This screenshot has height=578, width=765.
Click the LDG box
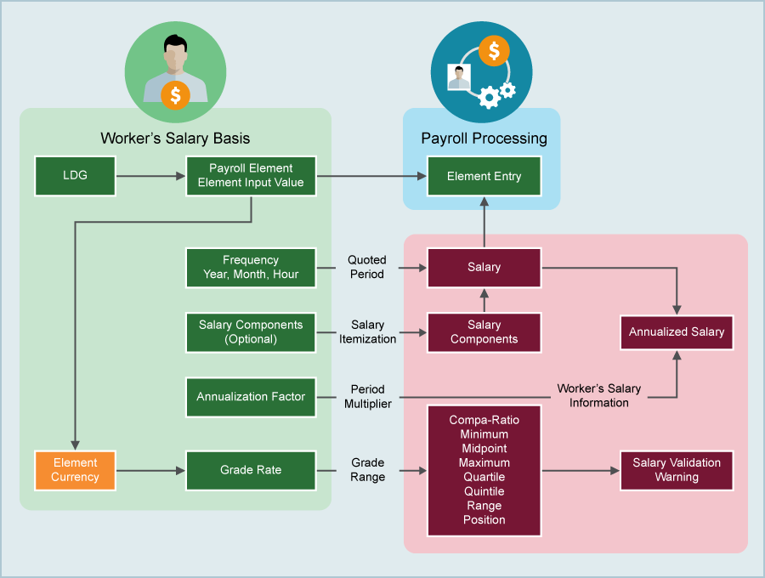[x=75, y=176]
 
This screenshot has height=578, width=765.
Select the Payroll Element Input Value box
[x=251, y=176]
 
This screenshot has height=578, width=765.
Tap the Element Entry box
[x=484, y=176]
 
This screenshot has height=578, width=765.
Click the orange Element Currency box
[x=75, y=470]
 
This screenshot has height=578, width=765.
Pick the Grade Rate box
[x=251, y=470]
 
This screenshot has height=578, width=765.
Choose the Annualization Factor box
[x=251, y=397]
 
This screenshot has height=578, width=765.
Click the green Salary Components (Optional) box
[x=251, y=332]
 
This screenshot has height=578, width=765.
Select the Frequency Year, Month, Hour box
[x=251, y=268]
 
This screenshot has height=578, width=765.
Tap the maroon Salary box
[x=484, y=268]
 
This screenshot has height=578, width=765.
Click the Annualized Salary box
[x=677, y=332]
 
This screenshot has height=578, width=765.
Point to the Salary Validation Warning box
[x=677, y=470]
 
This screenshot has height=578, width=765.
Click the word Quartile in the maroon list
[x=484, y=477]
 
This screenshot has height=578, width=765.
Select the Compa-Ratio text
[x=484, y=420]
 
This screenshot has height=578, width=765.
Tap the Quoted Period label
[x=366, y=268]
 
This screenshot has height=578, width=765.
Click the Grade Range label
[x=367, y=470]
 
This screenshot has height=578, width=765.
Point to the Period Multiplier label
[x=367, y=397]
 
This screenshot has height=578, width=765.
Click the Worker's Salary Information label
[x=598, y=396]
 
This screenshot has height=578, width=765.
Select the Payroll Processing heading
[x=484, y=139]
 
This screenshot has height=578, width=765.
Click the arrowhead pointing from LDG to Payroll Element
[x=180, y=176]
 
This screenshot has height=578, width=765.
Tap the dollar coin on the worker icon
[x=175, y=95]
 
